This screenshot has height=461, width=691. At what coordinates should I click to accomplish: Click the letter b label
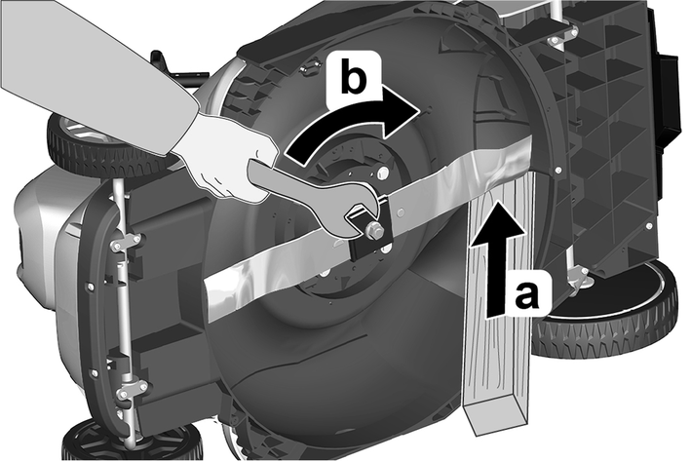tap(354, 80)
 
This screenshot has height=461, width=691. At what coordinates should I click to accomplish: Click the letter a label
tap(526, 294)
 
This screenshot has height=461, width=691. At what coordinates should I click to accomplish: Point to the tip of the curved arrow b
tap(418, 111)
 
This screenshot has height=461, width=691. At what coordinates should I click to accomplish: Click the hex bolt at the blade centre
tap(373, 231)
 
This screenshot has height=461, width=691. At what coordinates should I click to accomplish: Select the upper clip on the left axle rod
tap(127, 244)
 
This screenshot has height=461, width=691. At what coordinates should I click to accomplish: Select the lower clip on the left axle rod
tap(128, 386)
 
